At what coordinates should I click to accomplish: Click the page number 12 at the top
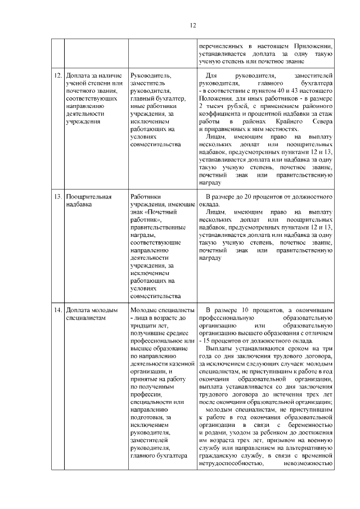[192, 25]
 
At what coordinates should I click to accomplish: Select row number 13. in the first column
[57, 197]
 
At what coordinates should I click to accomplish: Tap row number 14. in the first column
[57, 310]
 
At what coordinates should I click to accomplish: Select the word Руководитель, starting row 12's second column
[151, 75]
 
